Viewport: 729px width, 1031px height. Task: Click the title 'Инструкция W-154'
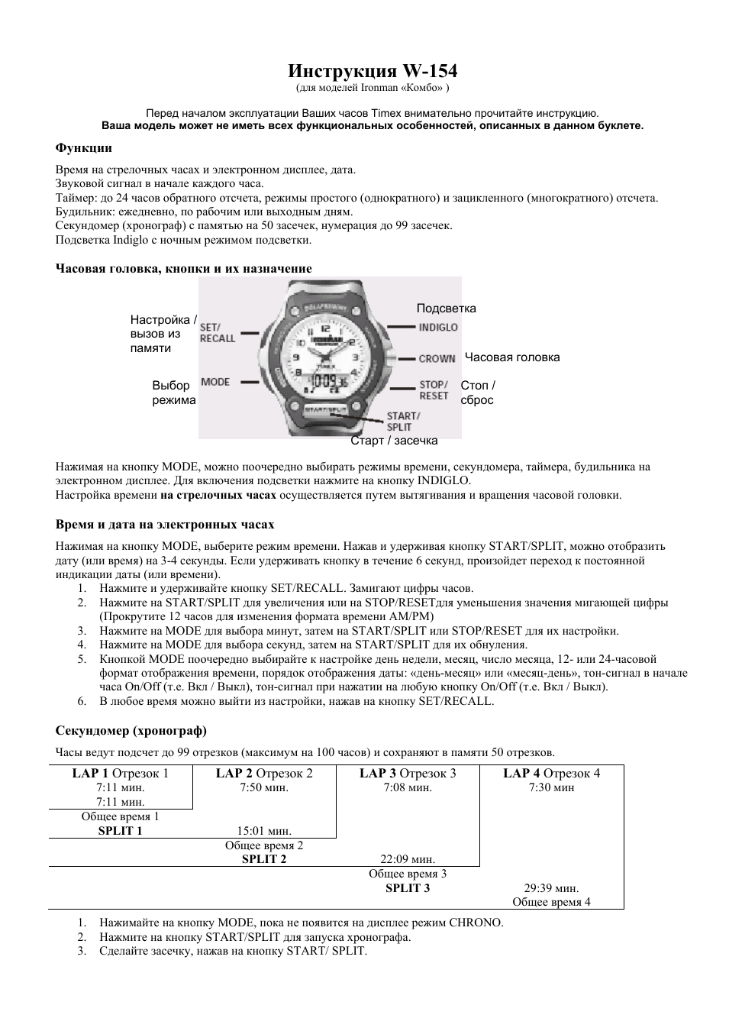[x=373, y=71]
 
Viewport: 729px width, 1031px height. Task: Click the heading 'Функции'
[x=83, y=147]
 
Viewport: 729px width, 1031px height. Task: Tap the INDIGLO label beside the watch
[x=438, y=327]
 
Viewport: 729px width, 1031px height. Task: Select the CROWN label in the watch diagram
[x=437, y=358]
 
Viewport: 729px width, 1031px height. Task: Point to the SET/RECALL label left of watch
[x=218, y=332]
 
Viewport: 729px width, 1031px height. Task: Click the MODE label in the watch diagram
[x=215, y=382]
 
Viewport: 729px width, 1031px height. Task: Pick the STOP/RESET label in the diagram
[x=434, y=389]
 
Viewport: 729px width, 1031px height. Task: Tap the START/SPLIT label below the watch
[x=404, y=422]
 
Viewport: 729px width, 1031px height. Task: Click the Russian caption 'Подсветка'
[x=446, y=309]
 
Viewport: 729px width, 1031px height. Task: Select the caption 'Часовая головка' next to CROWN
[x=512, y=357]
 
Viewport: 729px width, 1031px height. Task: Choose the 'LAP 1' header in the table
[x=90, y=773]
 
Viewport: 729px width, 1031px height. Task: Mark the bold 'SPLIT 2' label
[x=264, y=859]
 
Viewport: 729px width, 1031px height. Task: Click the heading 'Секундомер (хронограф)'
[x=131, y=731]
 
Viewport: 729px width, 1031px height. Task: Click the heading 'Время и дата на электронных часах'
[x=165, y=525]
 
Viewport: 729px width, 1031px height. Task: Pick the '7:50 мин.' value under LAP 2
[x=264, y=787]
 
